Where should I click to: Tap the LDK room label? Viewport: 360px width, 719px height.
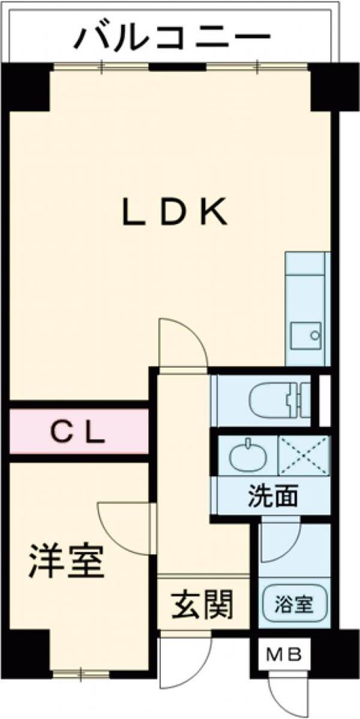coord(174,212)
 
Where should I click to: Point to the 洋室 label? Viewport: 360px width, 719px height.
coord(67,561)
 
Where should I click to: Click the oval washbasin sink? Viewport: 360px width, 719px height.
coord(248,455)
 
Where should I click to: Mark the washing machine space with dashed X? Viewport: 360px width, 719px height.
coord(304,455)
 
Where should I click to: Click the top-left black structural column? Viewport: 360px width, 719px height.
coord(26,87)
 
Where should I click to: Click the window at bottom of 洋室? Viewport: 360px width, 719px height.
coord(81,673)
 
